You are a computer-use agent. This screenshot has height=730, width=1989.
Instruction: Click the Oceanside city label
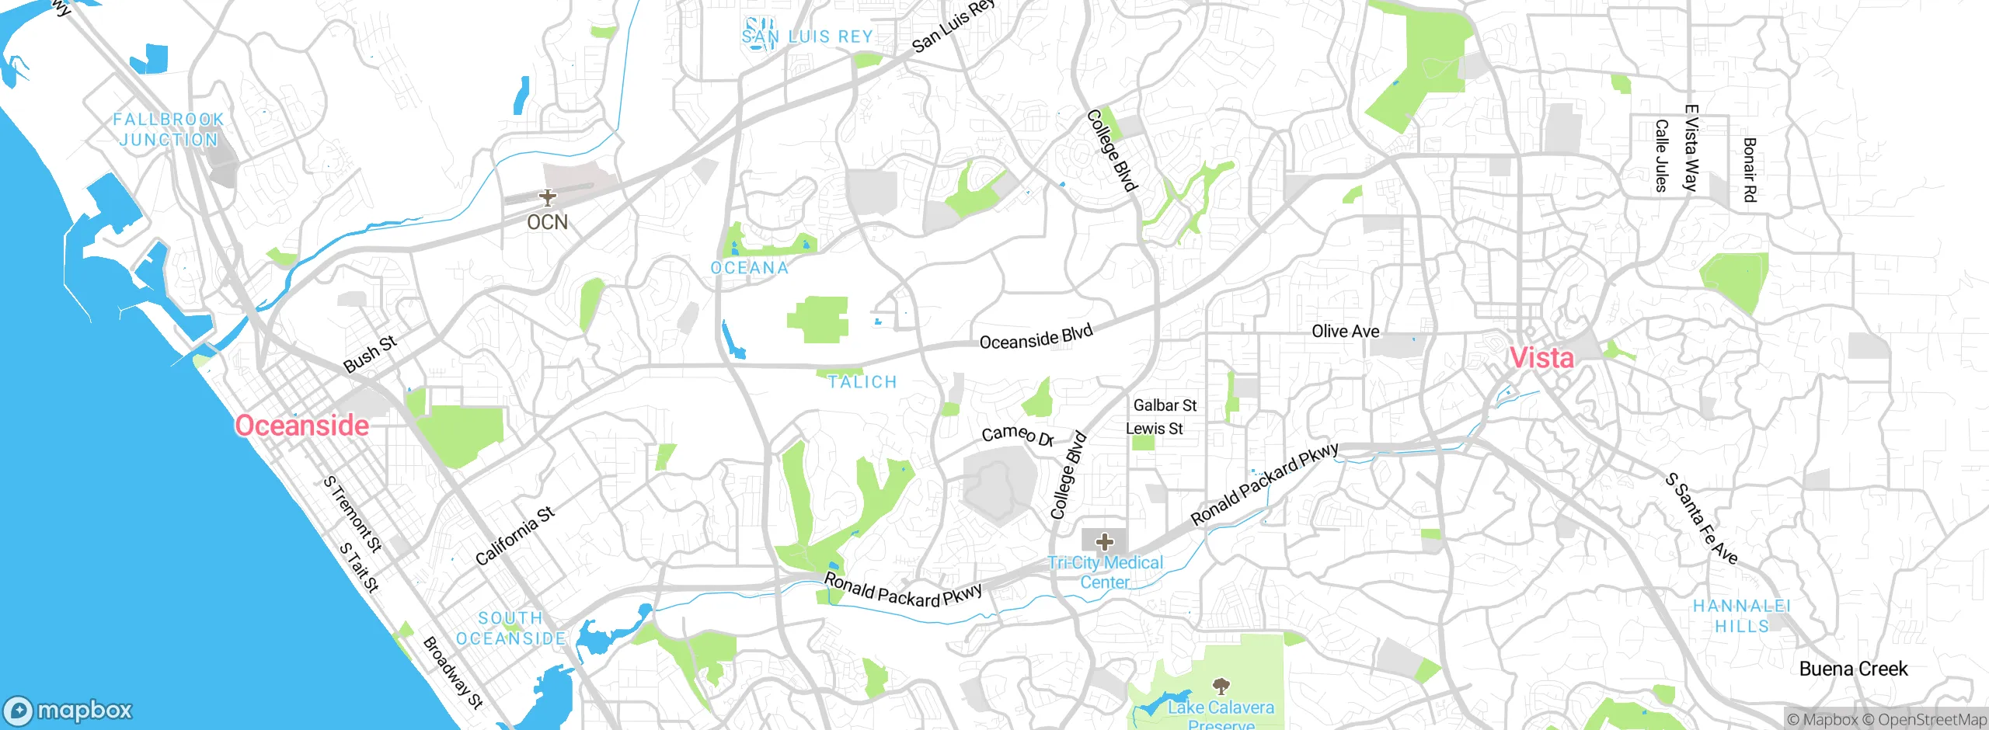302,426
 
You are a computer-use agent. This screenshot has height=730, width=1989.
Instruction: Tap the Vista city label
1541,358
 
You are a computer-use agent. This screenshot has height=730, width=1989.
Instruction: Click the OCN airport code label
547,223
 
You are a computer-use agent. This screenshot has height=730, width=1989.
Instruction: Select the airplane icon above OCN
548,197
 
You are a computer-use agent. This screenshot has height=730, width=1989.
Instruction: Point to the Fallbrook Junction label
169,130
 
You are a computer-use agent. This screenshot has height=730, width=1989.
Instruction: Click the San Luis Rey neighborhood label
807,36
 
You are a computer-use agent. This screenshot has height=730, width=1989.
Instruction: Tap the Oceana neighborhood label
750,268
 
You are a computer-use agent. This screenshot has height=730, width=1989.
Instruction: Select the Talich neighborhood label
862,382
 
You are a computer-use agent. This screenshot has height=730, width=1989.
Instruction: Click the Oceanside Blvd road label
1036,338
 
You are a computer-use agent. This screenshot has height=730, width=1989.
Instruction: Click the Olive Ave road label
1346,332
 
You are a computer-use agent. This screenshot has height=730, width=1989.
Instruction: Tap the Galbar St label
1165,405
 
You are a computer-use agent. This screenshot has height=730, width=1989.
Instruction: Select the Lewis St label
1155,429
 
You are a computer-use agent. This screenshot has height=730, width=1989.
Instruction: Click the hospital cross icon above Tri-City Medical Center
1104,541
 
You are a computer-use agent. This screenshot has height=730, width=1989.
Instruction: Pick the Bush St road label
370,354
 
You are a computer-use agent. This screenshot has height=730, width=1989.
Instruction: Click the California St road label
515,536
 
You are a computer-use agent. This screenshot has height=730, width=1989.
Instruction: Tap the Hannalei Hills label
1742,616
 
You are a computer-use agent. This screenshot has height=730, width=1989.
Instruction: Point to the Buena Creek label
1853,669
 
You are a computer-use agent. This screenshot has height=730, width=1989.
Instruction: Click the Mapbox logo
68,711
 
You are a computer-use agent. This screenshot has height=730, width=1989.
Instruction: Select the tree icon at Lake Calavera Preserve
1221,685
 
